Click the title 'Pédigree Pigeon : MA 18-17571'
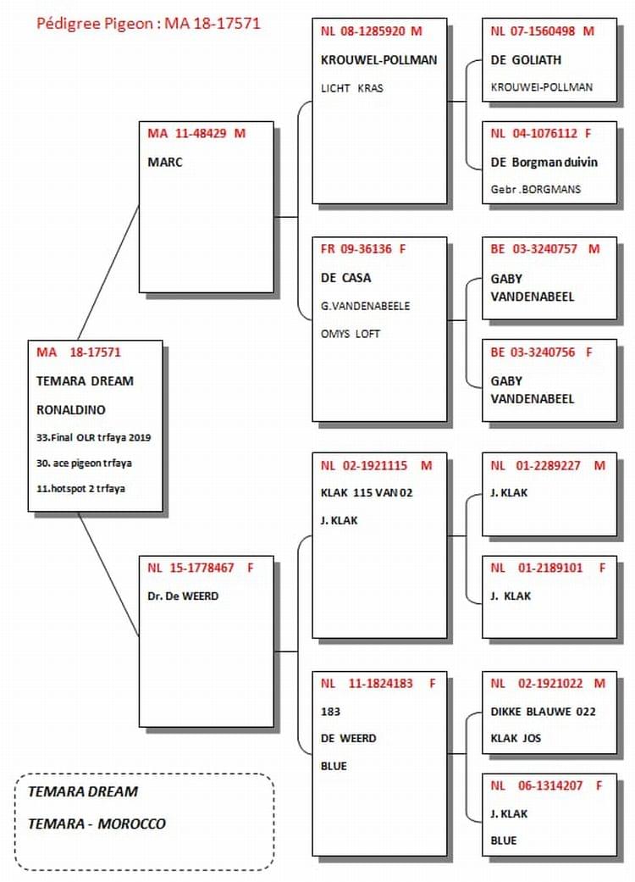pos(148,24)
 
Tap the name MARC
pos(164,162)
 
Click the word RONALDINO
pos(71,409)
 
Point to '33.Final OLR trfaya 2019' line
pos(93,437)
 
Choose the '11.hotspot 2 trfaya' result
pos(80,488)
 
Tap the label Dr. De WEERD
pos(183,596)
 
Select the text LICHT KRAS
pos(351,88)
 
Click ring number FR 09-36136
pos(363,248)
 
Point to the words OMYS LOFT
pos(350,334)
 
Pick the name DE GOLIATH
pos(526,59)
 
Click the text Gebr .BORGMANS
pos(536,189)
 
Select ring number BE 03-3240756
pos(541,352)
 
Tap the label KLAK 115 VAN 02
pos(367,493)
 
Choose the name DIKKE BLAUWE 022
pos(543,712)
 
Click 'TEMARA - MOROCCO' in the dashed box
pos(97,824)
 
